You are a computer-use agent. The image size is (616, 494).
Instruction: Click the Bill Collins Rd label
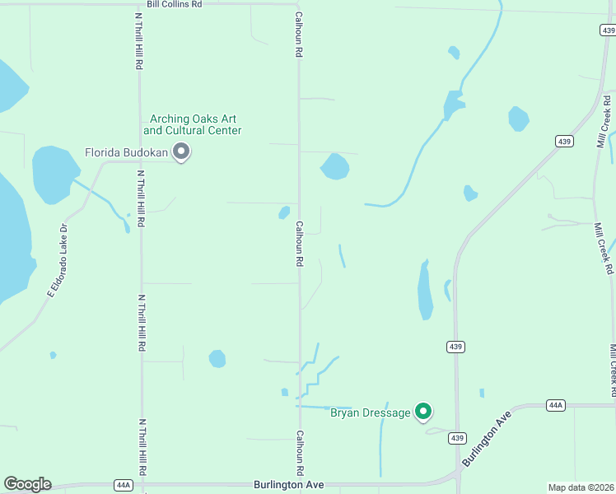tap(174, 4)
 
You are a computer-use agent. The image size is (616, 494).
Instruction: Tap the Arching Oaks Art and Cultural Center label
tap(193, 124)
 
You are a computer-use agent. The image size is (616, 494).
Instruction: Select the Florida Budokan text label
tap(127, 152)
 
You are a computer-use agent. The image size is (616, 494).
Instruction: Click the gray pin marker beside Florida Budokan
tap(182, 151)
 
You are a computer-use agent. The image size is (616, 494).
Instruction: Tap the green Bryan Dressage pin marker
tap(423, 411)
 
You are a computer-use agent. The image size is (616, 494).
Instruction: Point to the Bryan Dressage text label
tap(370, 412)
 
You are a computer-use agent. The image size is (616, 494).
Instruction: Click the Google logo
tap(27, 484)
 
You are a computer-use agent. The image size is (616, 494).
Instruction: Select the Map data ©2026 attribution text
tap(581, 487)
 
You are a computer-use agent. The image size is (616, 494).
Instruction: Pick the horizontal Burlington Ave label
tap(288, 485)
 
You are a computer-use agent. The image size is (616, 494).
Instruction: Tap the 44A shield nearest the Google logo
tap(124, 485)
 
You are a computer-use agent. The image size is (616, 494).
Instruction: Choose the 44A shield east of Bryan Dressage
tap(556, 405)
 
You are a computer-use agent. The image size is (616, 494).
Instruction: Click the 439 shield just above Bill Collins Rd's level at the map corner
tap(607, 30)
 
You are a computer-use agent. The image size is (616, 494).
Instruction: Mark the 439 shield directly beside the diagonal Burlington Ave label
tap(457, 438)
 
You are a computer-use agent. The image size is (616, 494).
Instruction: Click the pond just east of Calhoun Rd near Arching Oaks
tap(334, 166)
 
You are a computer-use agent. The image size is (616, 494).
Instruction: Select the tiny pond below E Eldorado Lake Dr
tap(53, 355)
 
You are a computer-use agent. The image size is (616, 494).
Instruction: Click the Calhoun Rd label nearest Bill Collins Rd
tap(299, 35)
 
